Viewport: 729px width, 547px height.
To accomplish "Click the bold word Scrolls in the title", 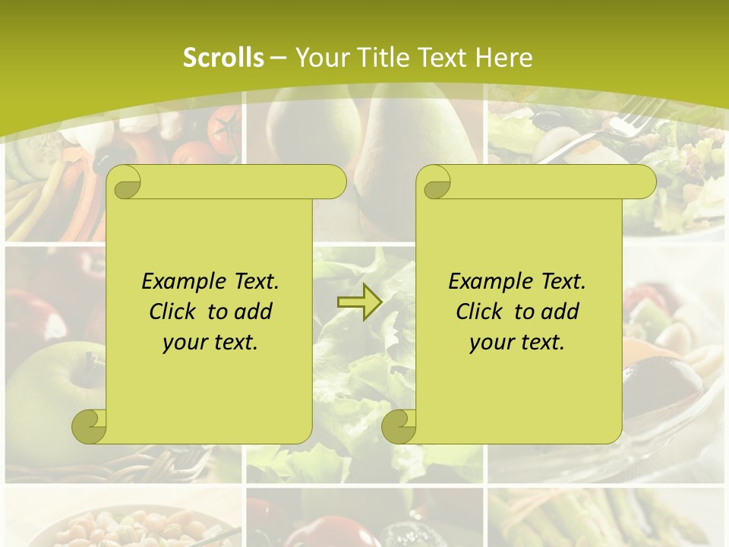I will pos(224,58).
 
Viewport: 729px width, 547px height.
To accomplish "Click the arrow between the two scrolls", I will pos(359,302).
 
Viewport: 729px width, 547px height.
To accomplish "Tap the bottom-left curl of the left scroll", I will pos(90,426).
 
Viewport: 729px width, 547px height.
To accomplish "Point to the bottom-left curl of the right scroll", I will pos(399,426).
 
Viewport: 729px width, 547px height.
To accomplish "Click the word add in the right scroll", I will pos(561,311).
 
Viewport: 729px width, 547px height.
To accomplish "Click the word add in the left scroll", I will pos(254,311).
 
